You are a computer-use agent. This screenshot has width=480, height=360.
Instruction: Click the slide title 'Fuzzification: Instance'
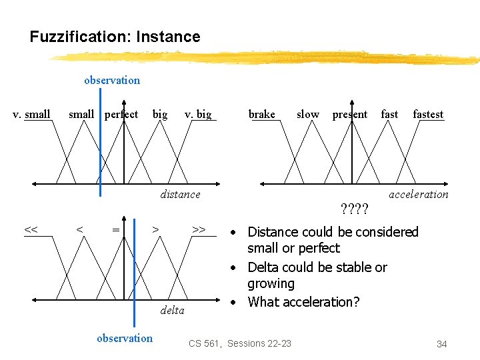115,37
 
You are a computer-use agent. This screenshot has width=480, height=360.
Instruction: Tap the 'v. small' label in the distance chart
32,114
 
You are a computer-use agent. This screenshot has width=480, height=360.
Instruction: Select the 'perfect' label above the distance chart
121,114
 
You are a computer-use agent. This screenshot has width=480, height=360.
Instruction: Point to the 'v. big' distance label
198,114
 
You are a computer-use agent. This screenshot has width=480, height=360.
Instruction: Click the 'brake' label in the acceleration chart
261,114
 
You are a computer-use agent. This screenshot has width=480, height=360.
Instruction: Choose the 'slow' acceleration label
307,114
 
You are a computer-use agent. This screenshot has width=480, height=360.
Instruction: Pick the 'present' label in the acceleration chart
350,114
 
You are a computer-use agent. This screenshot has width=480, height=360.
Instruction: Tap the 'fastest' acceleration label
428,114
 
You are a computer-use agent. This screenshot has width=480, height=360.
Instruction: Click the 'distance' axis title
180,194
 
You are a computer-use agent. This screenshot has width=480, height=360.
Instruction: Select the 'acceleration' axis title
419,194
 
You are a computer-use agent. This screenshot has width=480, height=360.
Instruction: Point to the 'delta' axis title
172,310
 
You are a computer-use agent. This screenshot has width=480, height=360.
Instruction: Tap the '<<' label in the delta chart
31,229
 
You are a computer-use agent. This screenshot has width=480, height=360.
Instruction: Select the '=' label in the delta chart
115,229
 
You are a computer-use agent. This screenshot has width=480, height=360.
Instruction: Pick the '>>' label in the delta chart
198,229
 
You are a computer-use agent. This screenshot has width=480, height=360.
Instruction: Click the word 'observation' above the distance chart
112,80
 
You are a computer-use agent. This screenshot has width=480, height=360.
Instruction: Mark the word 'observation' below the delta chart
125,338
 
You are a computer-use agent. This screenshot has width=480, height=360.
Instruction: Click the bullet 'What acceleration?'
303,302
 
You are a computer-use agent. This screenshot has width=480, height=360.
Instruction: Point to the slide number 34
441,344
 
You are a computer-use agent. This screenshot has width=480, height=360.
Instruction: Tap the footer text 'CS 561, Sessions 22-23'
240,343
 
